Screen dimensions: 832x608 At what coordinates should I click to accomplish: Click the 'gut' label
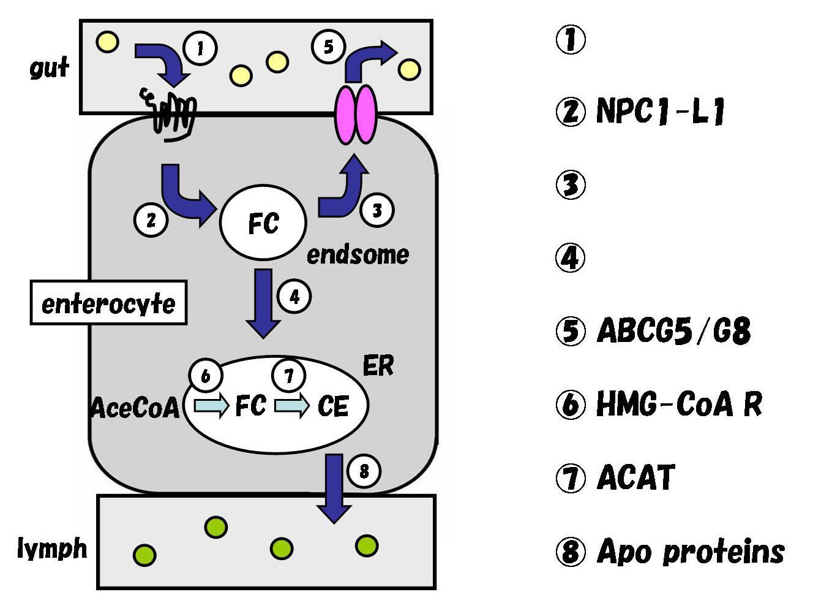[50, 68]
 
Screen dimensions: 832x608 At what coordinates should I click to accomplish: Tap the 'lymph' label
[52, 549]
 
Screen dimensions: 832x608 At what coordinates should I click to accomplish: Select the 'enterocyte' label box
[108, 303]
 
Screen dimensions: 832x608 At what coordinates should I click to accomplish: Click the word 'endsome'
[358, 255]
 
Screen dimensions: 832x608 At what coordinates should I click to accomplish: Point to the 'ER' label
[378, 366]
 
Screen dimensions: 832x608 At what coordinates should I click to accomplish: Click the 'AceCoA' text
[135, 408]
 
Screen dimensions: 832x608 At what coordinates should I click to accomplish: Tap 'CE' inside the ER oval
[333, 406]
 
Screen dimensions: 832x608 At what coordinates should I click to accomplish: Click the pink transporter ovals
[356, 115]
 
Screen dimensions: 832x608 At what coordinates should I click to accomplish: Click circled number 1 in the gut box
[200, 48]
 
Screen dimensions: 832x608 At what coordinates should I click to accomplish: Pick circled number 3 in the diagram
[377, 210]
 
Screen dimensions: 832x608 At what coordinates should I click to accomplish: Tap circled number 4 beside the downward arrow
[294, 297]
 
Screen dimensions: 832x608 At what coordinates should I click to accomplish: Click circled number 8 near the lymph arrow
[364, 471]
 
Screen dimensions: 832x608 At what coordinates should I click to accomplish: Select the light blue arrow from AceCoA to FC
[211, 406]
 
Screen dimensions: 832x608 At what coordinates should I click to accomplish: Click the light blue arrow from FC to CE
[291, 406]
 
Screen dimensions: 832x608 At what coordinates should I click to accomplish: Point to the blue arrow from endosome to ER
[263, 303]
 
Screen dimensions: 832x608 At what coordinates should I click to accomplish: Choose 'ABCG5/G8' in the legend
[673, 330]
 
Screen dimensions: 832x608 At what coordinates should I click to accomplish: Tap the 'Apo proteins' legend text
[691, 552]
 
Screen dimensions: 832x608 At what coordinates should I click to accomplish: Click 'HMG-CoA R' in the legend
[680, 404]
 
